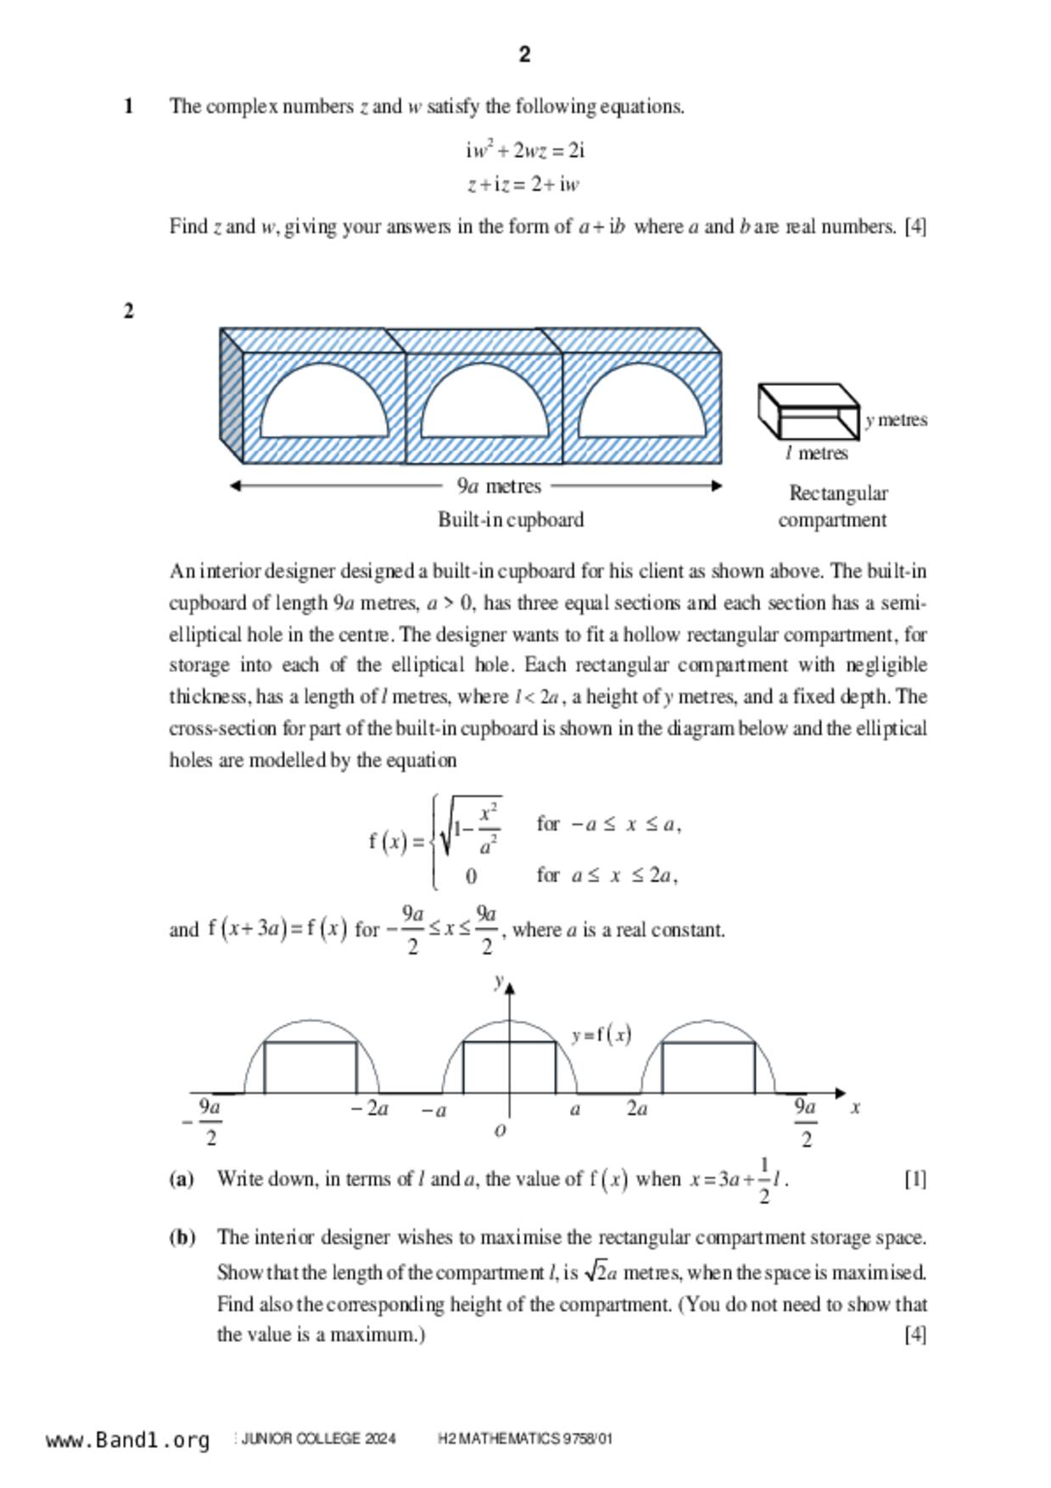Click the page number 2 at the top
pos(524,55)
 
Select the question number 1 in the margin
pos(129,107)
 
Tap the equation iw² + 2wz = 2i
pos(525,151)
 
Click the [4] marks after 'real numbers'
pos(915,227)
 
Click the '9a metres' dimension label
pos(499,486)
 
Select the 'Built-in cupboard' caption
pos(511,520)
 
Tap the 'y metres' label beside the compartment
pos(897,420)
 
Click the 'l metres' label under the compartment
pos(816,454)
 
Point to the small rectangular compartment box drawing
pos(808,411)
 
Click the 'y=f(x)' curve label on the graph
pos(601,1035)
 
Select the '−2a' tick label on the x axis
pos(370,1109)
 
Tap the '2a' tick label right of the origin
pos(637,1109)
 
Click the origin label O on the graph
pos(500,1130)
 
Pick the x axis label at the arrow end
pos(856,1107)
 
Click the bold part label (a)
pos(182,1179)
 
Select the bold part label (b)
pos(182,1238)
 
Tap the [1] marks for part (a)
pos(915,1179)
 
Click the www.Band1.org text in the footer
pos(128,1440)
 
